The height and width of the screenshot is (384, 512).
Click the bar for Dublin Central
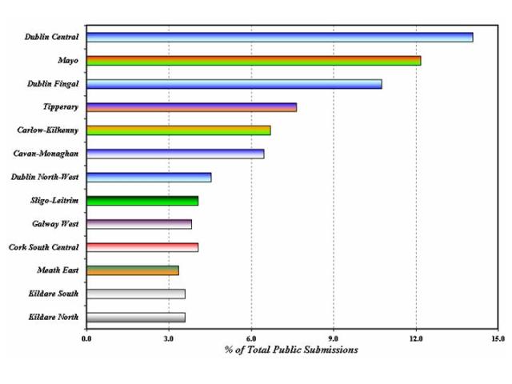coord(279,37)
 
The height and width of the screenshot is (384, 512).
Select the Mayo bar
coord(253,60)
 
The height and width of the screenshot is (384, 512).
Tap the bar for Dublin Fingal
coord(234,83)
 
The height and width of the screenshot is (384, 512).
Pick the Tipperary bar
coord(191,107)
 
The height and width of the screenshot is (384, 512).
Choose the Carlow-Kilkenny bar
coord(178,130)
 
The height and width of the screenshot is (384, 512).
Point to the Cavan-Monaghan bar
coord(174,154)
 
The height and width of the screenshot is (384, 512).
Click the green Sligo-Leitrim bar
coord(142,201)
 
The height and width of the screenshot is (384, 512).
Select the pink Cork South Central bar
coord(142,247)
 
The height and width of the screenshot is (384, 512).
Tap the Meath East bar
coord(132,270)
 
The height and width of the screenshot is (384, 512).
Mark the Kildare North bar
coord(135,317)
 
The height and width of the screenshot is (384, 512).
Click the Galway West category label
coord(55,224)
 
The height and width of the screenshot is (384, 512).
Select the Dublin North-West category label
coord(45,177)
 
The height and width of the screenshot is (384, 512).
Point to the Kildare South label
coord(54,294)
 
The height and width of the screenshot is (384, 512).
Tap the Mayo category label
coord(68,60)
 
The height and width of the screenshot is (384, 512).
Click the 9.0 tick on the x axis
coord(334,338)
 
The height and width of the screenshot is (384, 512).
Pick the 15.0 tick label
coord(498,338)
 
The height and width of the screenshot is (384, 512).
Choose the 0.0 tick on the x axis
coord(86,338)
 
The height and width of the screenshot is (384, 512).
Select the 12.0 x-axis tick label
coord(416,338)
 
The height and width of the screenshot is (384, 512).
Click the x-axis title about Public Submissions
coord(291,350)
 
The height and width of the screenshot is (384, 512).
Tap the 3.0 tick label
coord(169,338)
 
